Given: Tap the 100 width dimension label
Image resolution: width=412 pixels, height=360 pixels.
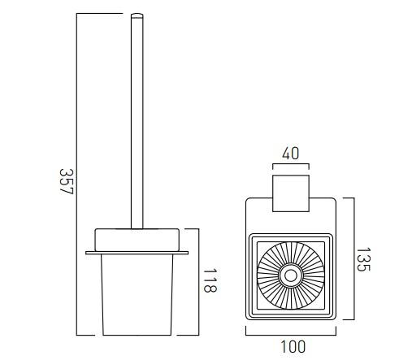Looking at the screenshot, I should click(x=292, y=347).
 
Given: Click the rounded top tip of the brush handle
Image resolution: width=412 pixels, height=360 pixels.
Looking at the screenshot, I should click(x=136, y=16).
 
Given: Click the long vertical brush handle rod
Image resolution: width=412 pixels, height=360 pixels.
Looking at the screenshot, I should click(x=136, y=122).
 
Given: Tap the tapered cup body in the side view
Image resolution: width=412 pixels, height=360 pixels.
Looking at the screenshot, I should click(x=137, y=297).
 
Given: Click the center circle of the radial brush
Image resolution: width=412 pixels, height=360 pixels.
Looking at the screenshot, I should click(x=290, y=275).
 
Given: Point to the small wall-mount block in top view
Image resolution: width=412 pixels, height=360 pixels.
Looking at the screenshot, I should click(x=291, y=186).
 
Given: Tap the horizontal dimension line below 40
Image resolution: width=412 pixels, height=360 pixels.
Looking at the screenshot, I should click(x=291, y=164).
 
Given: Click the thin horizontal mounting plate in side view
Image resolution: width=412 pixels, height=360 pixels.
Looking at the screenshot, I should click(x=137, y=253).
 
